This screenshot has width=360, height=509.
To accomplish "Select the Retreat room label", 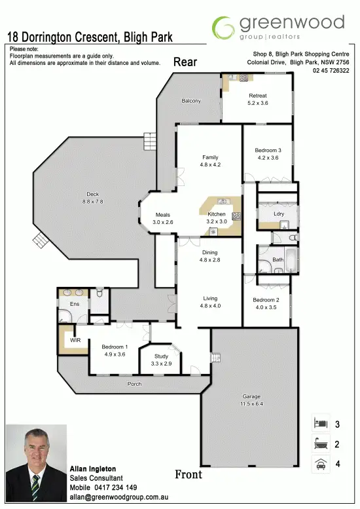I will pyautogui.click(x=257, y=96).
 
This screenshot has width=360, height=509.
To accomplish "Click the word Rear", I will pyautogui.click(x=185, y=62).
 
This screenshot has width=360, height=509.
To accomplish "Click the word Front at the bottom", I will pyautogui.click(x=189, y=474).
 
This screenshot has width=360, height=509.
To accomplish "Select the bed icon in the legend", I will pyautogui.click(x=321, y=423).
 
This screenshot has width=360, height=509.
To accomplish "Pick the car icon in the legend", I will pyautogui.click(x=321, y=464).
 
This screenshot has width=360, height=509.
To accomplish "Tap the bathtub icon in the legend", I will pyautogui.click(x=321, y=443).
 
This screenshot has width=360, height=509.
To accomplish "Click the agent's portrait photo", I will pyautogui.click(x=36, y=462).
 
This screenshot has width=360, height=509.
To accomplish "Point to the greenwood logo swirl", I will pyautogui.click(x=223, y=28).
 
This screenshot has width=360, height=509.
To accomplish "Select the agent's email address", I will pyautogui.click(x=119, y=497).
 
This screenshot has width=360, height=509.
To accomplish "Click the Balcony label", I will pyautogui.click(x=191, y=101).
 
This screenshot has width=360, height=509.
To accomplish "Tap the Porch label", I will pyautogui.click(x=134, y=384).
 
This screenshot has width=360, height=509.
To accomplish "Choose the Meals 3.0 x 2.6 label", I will pyautogui.click(x=163, y=219).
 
